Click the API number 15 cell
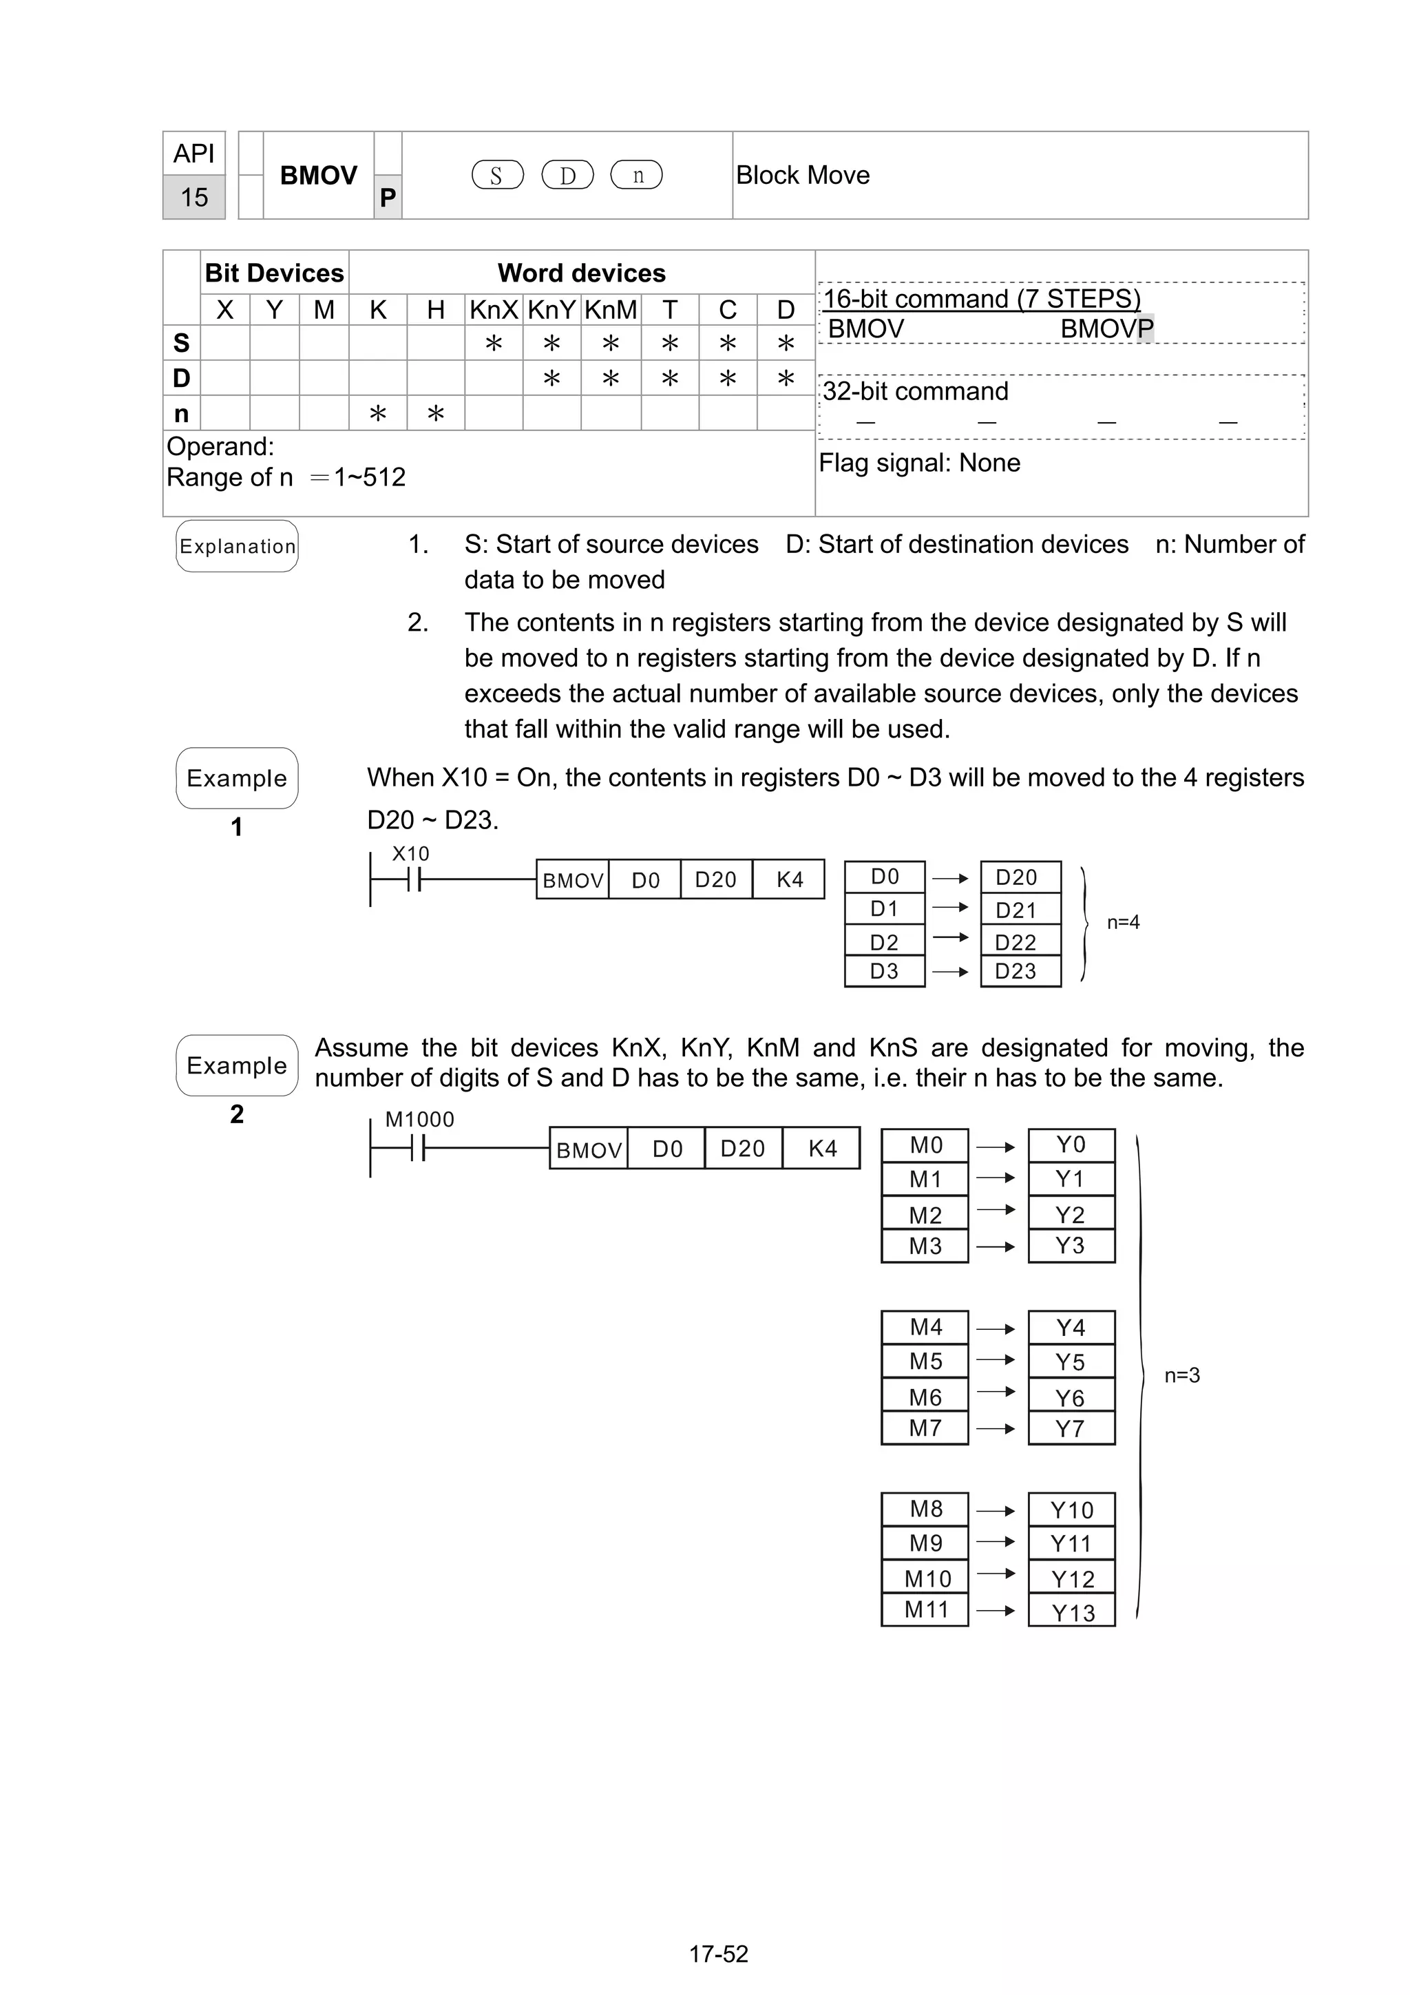click(x=193, y=197)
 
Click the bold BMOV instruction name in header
click(x=318, y=176)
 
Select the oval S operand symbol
click(x=497, y=176)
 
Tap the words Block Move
click(x=802, y=176)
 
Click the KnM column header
click(x=611, y=309)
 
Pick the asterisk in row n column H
click(x=435, y=414)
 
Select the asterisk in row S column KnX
click(x=494, y=344)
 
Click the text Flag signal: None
click(x=919, y=463)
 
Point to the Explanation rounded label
click(x=237, y=547)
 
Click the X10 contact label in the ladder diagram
click(x=410, y=854)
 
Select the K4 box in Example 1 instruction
click(x=789, y=880)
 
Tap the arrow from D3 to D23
click(x=950, y=972)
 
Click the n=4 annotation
click(x=1122, y=923)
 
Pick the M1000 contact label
click(x=419, y=1120)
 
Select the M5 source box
click(x=925, y=1361)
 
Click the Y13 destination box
click(x=1071, y=1613)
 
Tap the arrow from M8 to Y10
click(x=996, y=1511)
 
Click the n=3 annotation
click(x=1181, y=1375)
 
